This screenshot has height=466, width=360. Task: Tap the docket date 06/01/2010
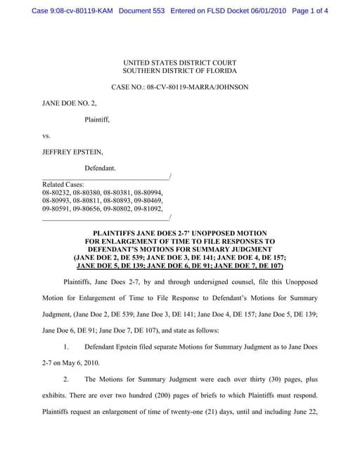pyautogui.click(x=266, y=11)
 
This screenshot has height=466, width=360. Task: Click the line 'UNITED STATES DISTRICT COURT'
pyautogui.click(x=179, y=63)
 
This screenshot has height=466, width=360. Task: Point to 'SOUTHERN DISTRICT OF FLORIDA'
pyautogui.click(x=179, y=72)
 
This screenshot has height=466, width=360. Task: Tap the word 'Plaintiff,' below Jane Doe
pyautogui.click(x=97, y=119)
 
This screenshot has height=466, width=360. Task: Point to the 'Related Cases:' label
pyautogui.click(x=63, y=184)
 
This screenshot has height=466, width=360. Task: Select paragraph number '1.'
pyautogui.click(x=66, y=347)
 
